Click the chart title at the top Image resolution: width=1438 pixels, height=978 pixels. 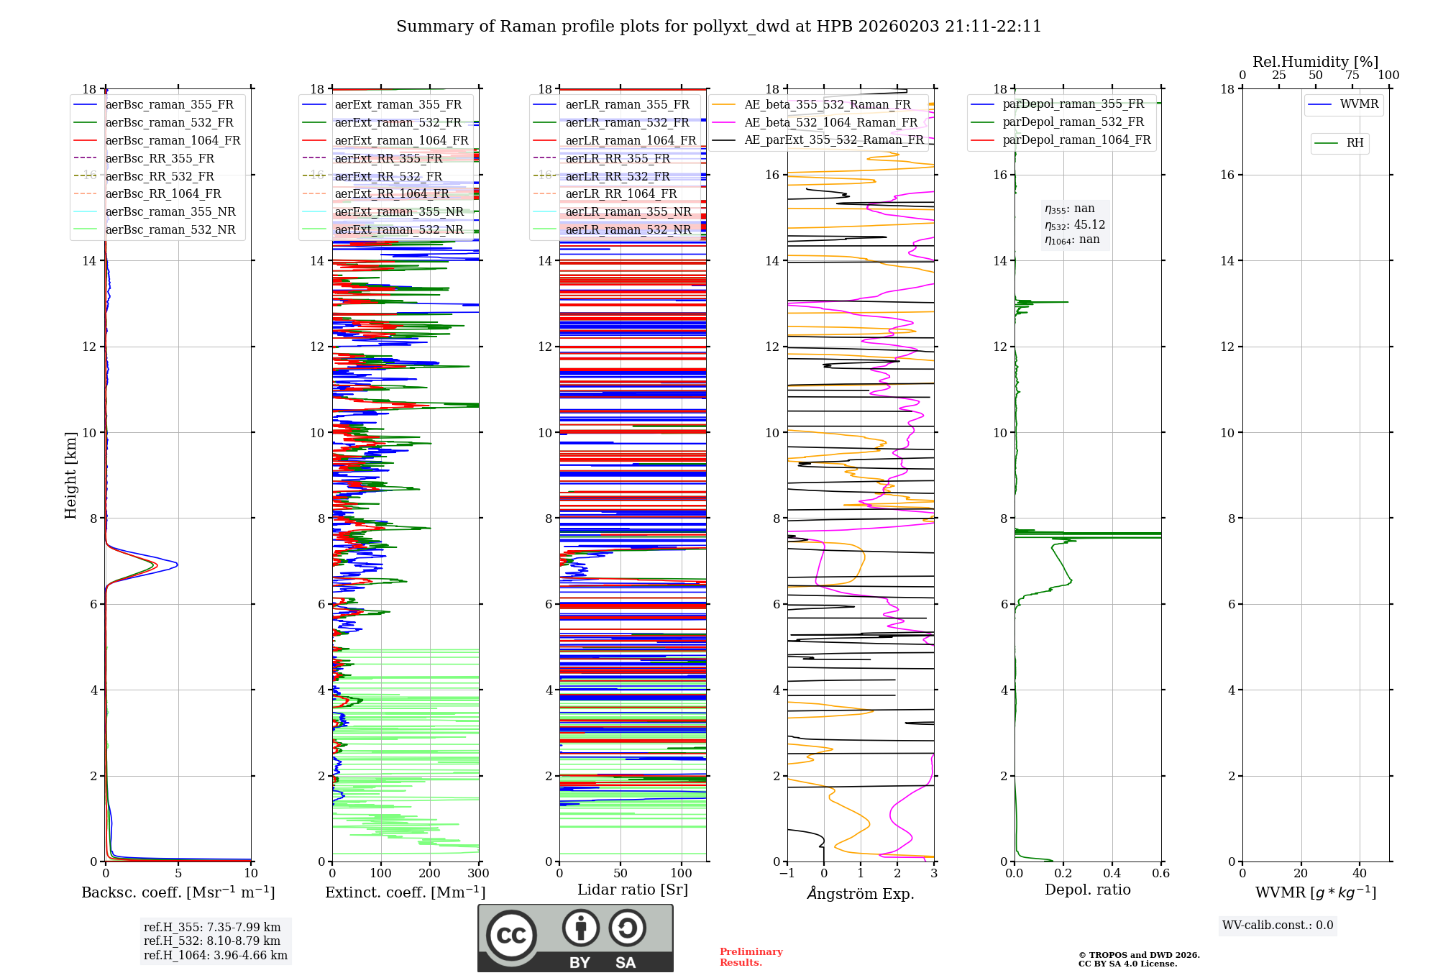click(x=718, y=27)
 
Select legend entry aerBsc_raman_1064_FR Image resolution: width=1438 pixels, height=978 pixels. click(x=173, y=140)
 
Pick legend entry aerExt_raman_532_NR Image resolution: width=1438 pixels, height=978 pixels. click(x=398, y=229)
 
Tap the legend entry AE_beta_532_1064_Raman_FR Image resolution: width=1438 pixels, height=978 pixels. click(x=830, y=122)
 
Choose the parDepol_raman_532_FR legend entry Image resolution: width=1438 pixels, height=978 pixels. click(x=1073, y=122)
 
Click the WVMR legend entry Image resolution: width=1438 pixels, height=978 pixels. click(x=1359, y=104)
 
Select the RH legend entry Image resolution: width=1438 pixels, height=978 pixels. click(x=1355, y=143)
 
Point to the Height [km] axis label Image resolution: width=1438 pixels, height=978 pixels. click(x=70, y=475)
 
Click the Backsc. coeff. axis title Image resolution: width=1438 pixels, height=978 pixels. click(x=178, y=892)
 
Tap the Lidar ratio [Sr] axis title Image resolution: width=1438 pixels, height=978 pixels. click(x=632, y=890)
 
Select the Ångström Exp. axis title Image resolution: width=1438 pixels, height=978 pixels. click(x=860, y=893)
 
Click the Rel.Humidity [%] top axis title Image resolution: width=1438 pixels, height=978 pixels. click(x=1315, y=62)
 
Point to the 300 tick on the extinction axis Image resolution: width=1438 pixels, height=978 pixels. click(x=478, y=874)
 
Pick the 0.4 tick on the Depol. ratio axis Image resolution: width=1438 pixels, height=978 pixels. click(x=1112, y=874)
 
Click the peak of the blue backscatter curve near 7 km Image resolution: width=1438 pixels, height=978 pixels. click(x=177, y=565)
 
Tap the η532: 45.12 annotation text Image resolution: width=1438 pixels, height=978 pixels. click(x=1075, y=225)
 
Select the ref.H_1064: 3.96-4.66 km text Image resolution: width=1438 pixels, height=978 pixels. click(x=216, y=955)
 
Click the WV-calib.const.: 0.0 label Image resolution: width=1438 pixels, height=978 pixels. click(x=1278, y=926)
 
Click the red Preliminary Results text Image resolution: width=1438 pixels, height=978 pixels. click(x=751, y=957)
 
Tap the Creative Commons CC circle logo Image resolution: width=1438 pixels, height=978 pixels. click(x=511, y=936)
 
